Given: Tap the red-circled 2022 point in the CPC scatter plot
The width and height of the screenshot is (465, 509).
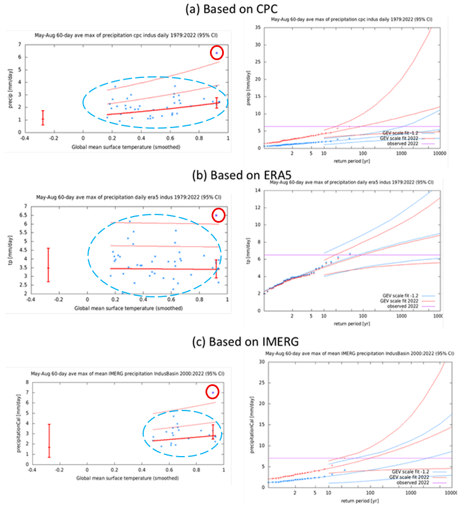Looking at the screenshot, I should (x=217, y=53).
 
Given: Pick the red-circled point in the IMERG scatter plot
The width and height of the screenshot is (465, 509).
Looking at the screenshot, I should (x=213, y=392).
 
